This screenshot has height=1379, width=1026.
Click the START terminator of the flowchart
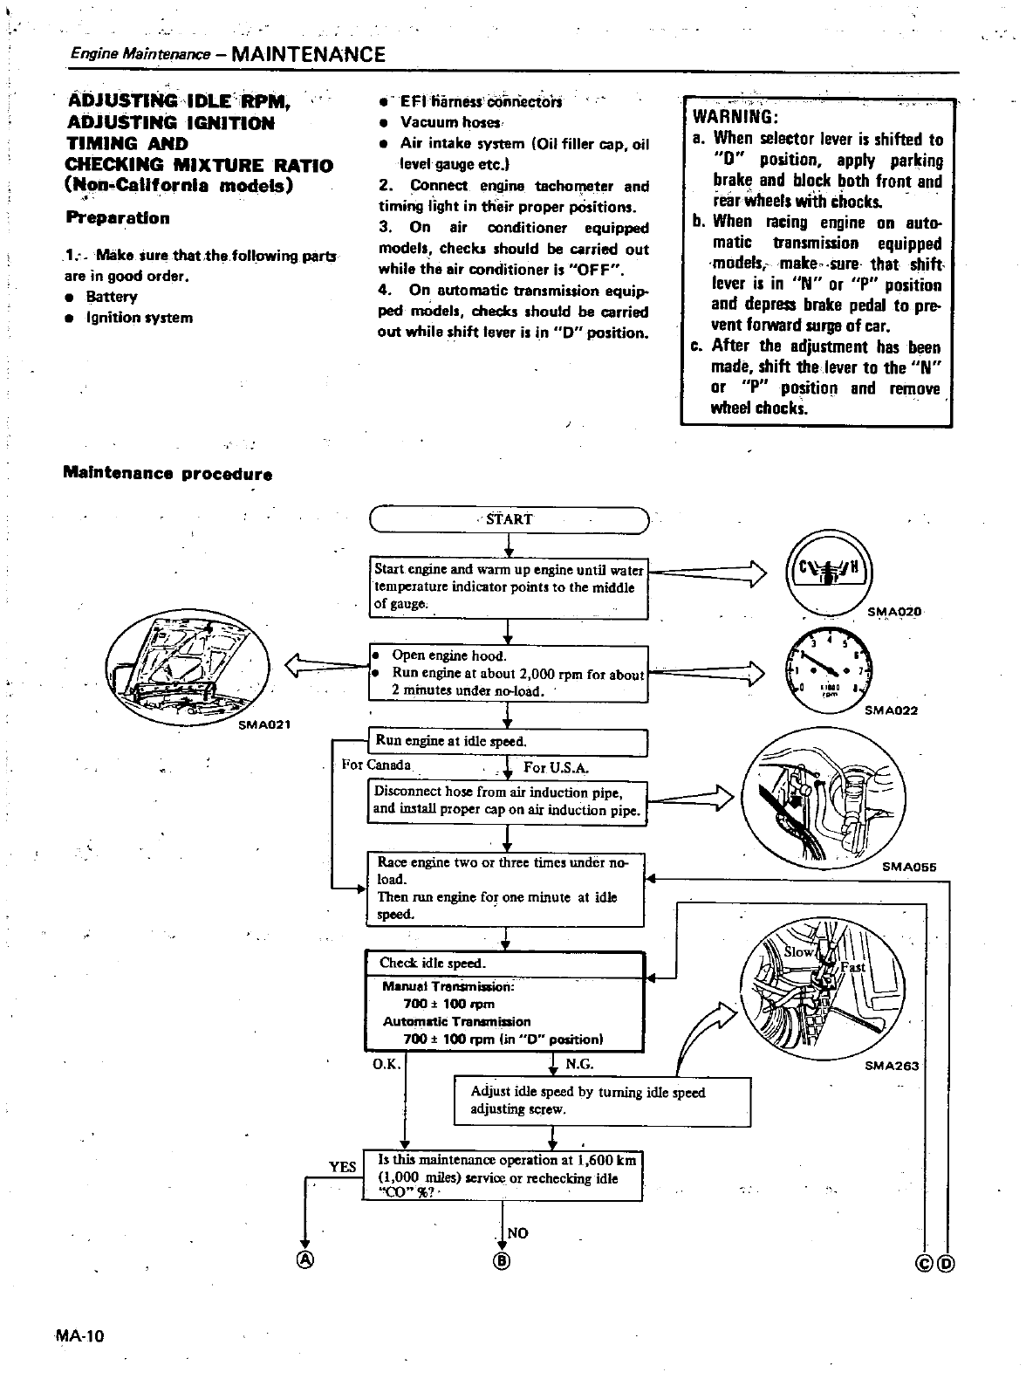pyautogui.click(x=510, y=519)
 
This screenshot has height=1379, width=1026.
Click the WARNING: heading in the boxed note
pyautogui.click(x=735, y=117)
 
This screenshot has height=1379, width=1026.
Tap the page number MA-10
pyautogui.click(x=79, y=1336)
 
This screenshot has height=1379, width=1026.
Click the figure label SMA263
pyautogui.click(x=892, y=1066)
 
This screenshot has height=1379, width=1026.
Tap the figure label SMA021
pyautogui.click(x=264, y=724)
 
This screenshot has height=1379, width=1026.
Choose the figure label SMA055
pyautogui.click(x=909, y=867)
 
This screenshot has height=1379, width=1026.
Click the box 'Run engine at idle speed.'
pyautogui.click(x=507, y=742)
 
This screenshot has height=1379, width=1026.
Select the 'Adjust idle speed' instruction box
pyautogui.click(x=602, y=1101)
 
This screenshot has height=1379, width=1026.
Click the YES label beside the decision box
pyautogui.click(x=342, y=1167)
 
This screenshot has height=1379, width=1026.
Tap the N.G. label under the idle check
pyautogui.click(x=579, y=1064)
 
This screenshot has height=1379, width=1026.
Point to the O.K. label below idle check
pyautogui.click(x=386, y=1064)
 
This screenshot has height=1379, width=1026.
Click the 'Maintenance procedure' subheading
pyautogui.click(x=168, y=475)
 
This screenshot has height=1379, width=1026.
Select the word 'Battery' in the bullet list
pyautogui.click(x=112, y=297)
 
